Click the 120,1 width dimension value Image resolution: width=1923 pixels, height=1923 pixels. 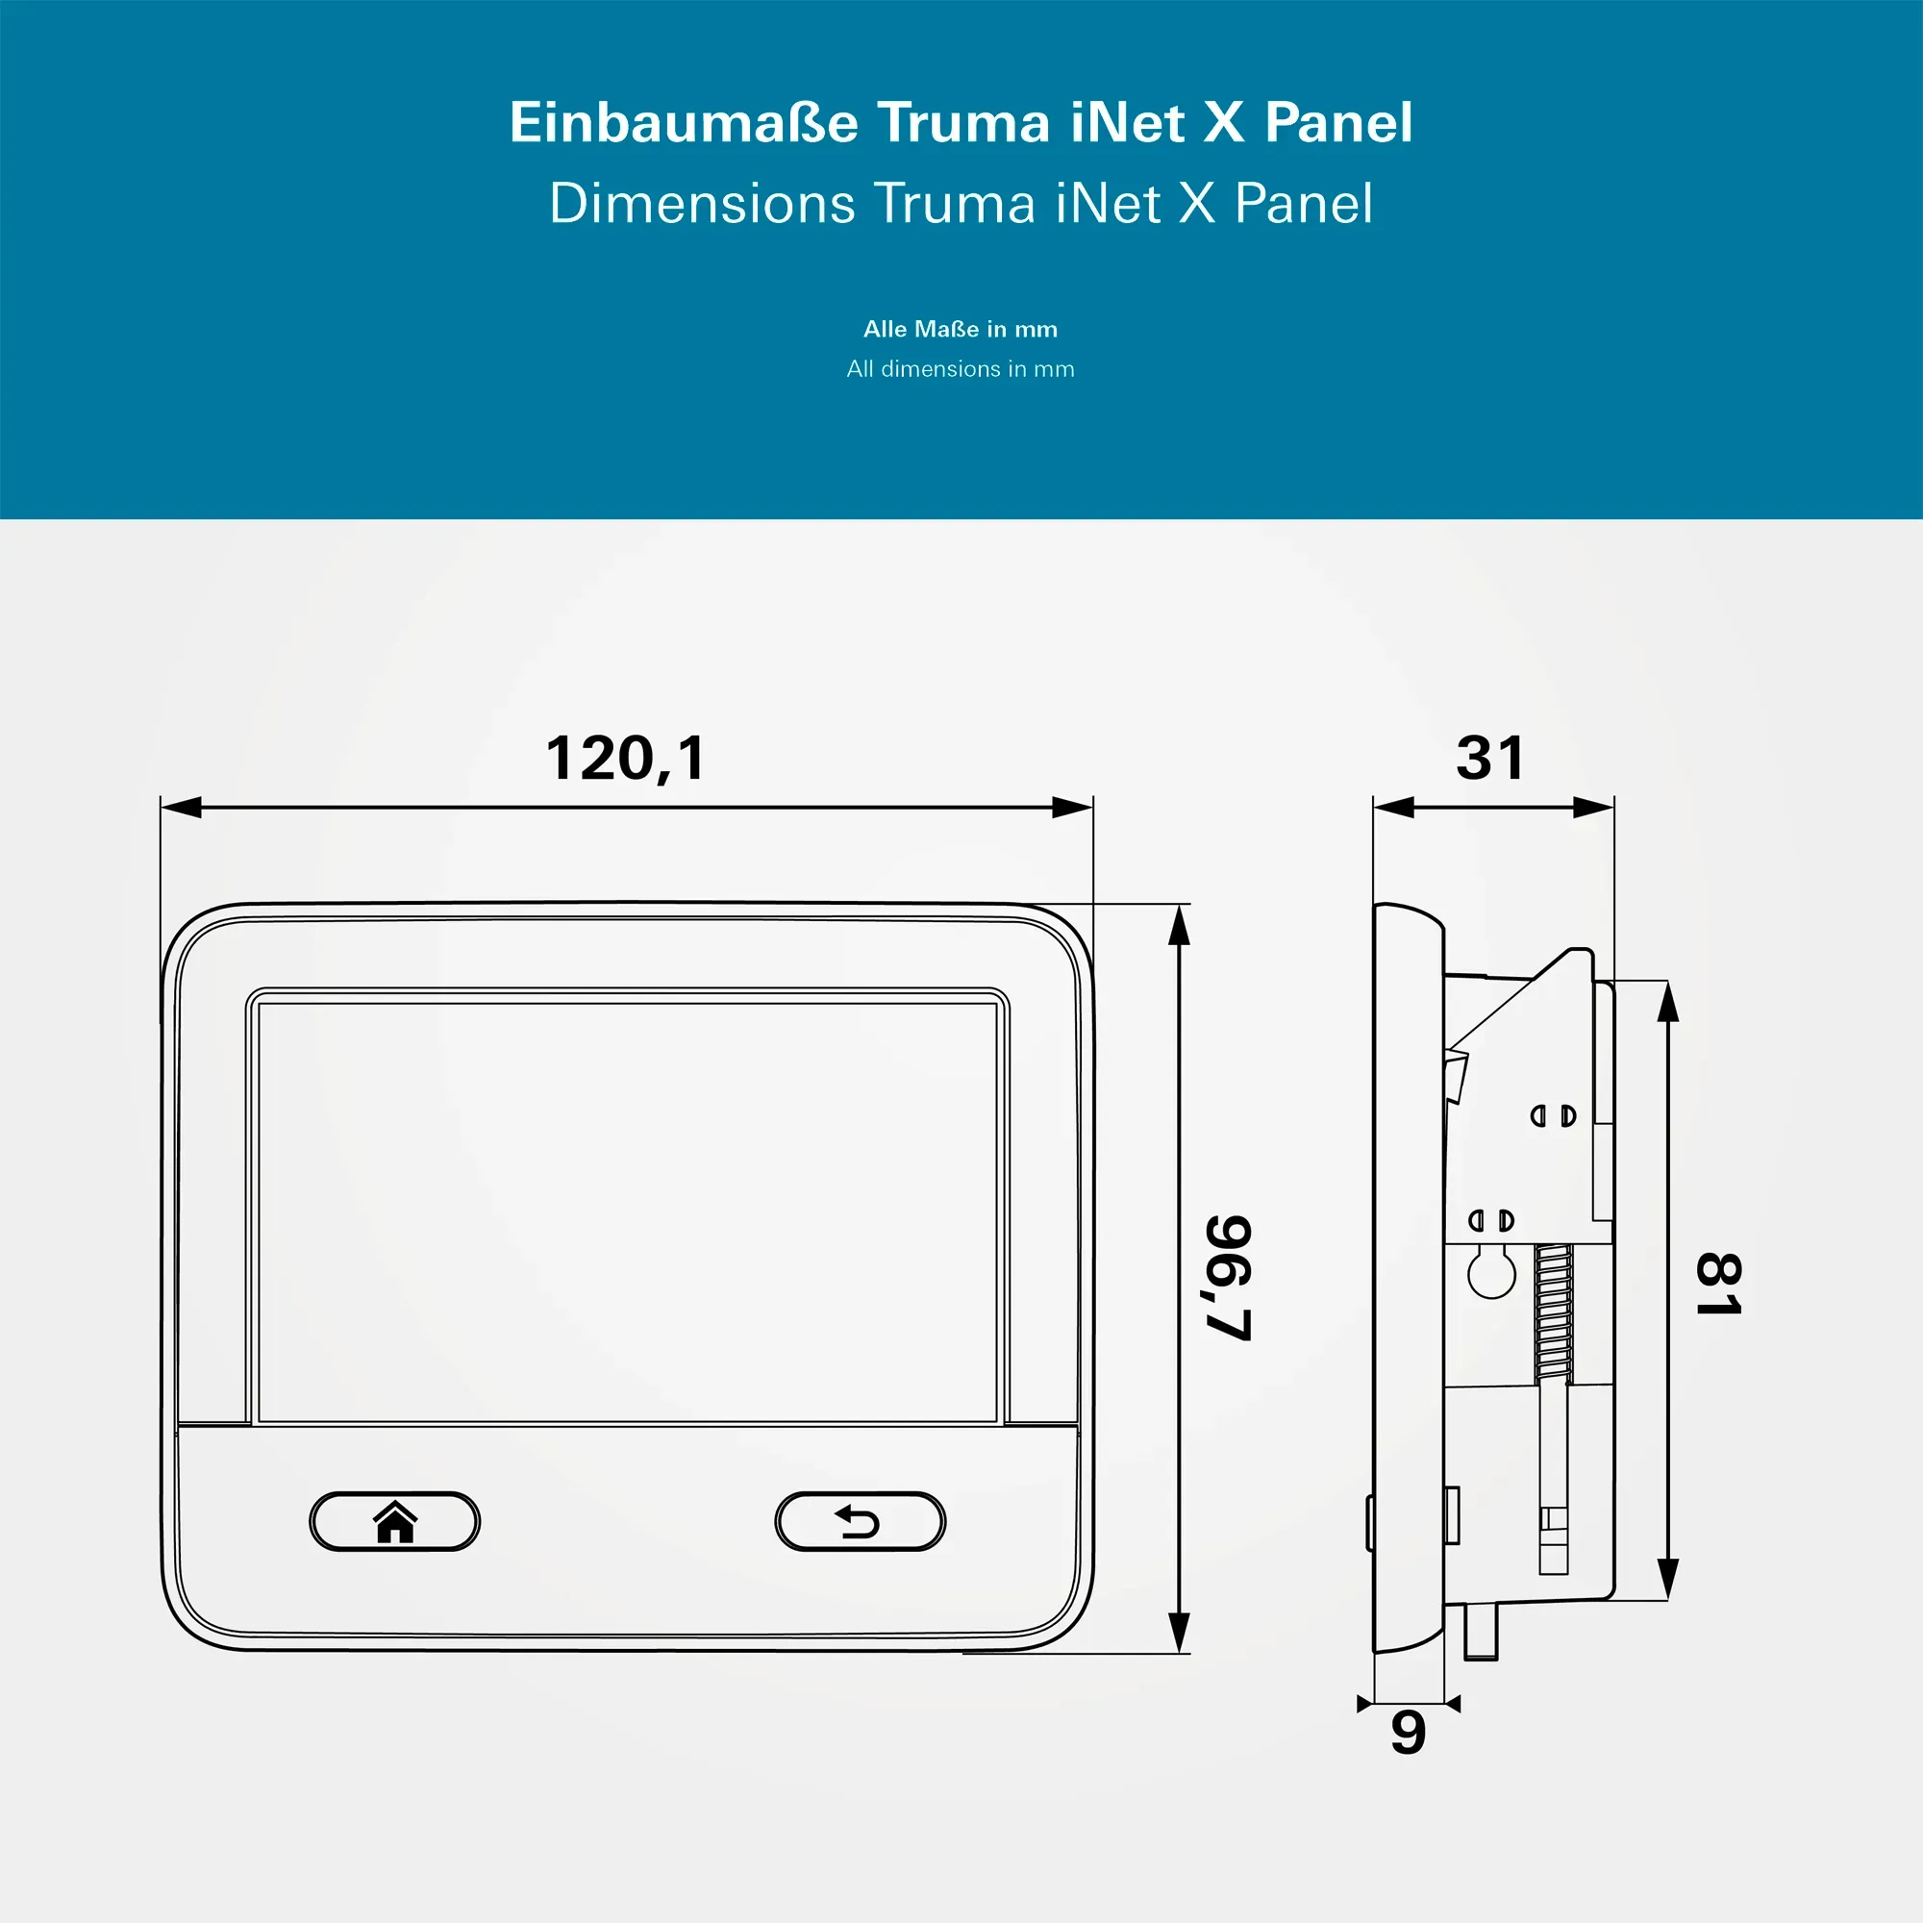pos(626,759)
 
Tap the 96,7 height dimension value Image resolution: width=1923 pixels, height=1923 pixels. pos(1228,1277)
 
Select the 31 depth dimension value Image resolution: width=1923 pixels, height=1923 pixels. pos(1490,759)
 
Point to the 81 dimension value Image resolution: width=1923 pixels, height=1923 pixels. pos(1719,1284)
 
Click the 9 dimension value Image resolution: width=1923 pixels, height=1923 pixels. pos(1409,1733)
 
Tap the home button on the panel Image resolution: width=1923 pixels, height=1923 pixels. pos(395,1521)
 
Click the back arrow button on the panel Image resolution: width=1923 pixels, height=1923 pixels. pos(860,1521)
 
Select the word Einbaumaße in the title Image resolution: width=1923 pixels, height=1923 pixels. pos(684,122)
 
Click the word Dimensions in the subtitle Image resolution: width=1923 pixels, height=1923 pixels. pos(702,203)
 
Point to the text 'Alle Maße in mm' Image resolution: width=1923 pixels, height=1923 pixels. pos(961,330)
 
